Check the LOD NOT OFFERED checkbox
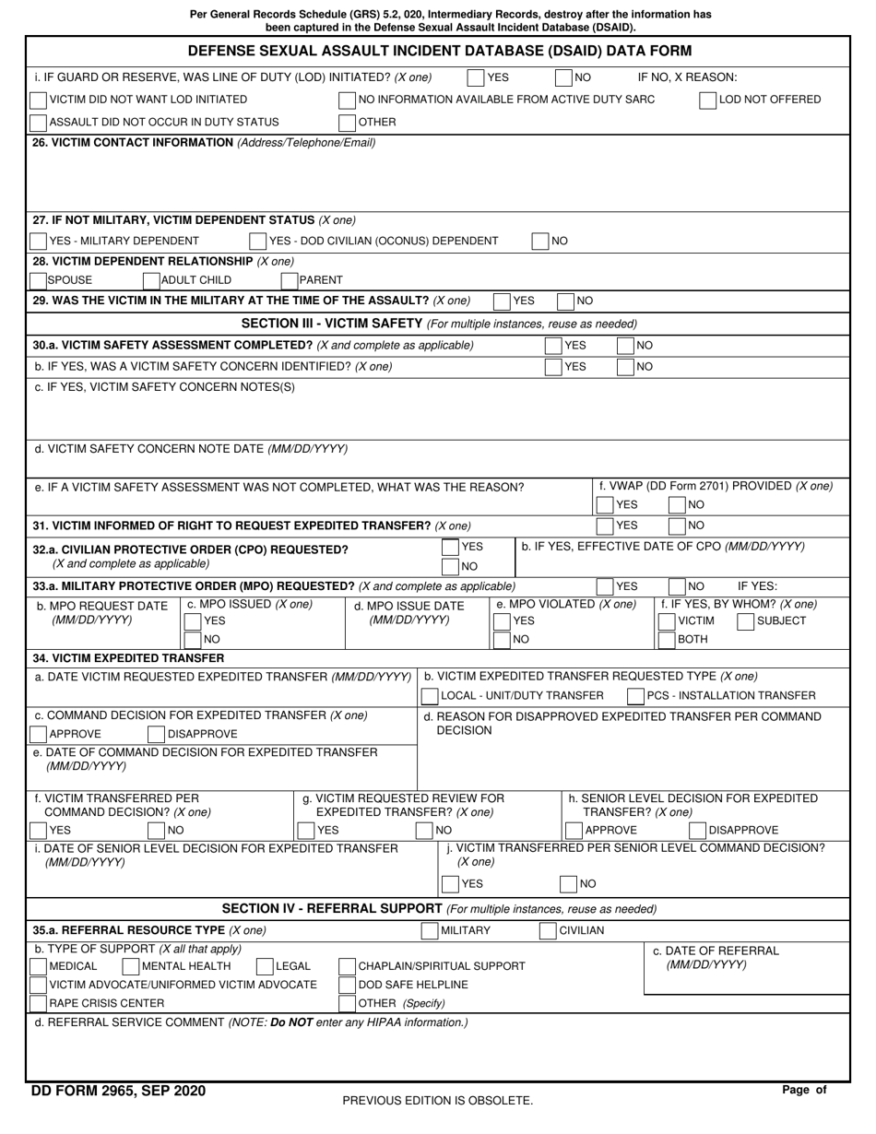pyautogui.click(x=708, y=100)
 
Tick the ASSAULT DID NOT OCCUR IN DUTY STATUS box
pyautogui.click(x=39, y=122)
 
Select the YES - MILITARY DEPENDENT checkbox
pyautogui.click(x=39, y=241)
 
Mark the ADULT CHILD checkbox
pyautogui.click(x=151, y=280)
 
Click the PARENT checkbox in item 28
pyautogui.click(x=290, y=280)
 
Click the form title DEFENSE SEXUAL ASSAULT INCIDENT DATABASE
pyautogui.click(x=439, y=51)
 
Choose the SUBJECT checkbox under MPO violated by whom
pyautogui.click(x=746, y=621)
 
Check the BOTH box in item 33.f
pyautogui.click(x=668, y=639)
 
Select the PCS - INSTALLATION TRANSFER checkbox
pyautogui.click(x=636, y=695)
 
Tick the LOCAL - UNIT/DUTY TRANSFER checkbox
pyautogui.click(x=431, y=695)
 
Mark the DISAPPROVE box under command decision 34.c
pyautogui.click(x=157, y=734)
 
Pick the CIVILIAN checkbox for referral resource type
pyautogui.click(x=548, y=930)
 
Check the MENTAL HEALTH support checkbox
pyautogui.click(x=130, y=966)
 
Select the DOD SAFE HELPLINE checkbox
pyautogui.click(x=348, y=985)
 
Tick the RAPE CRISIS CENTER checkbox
pyautogui.click(x=39, y=1003)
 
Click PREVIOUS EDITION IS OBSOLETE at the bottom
pyautogui.click(x=437, y=1100)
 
